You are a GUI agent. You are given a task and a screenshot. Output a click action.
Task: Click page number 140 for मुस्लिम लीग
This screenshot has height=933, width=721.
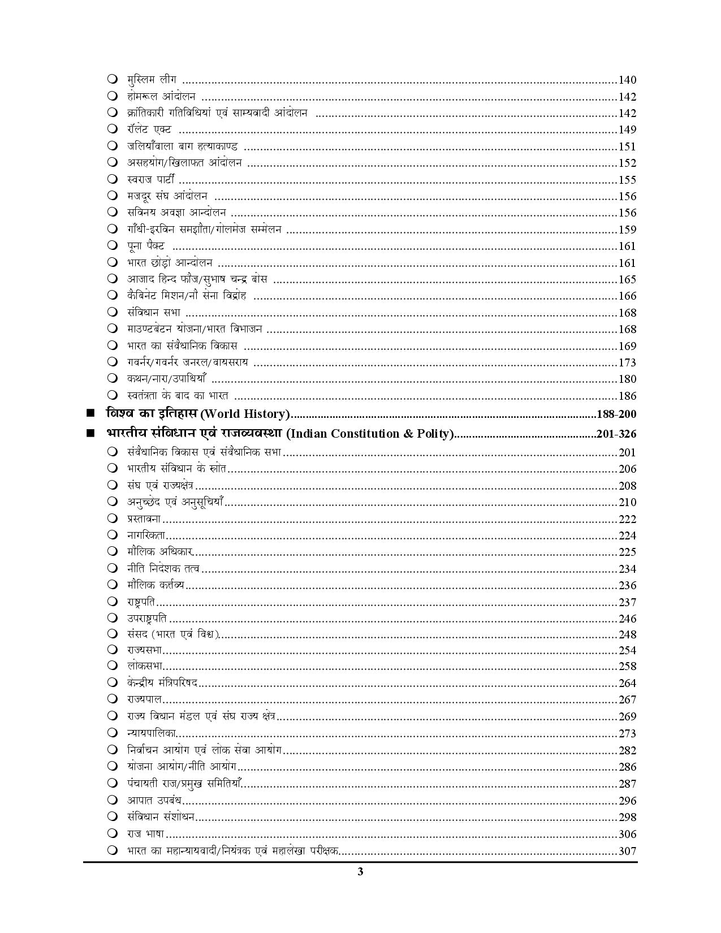click(x=627, y=80)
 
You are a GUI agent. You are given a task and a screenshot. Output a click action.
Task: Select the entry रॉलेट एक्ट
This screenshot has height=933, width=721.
click(x=149, y=129)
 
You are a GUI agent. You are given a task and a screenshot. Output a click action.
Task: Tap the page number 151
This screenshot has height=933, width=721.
click(x=627, y=146)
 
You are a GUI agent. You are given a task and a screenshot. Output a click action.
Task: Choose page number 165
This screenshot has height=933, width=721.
click(x=627, y=279)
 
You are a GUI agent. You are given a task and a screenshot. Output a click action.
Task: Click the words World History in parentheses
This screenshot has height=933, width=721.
click(x=245, y=414)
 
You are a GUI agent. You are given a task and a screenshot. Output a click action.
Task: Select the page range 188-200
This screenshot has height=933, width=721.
click(x=616, y=414)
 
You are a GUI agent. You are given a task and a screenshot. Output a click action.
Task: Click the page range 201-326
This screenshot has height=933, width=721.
click(x=616, y=434)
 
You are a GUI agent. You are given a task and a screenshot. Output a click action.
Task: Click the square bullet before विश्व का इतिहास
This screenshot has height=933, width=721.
click(x=90, y=413)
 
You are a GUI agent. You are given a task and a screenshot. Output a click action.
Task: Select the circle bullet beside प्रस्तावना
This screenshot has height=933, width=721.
click(x=113, y=519)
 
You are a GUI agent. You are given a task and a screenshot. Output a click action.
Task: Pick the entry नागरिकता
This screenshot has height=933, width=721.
click(x=146, y=535)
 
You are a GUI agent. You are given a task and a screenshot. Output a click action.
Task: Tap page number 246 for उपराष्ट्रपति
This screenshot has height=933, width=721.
click(x=627, y=619)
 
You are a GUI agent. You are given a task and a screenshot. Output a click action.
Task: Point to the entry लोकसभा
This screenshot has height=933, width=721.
click(x=145, y=666)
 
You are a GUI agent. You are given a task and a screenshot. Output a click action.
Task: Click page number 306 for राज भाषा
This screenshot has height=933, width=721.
click(x=627, y=834)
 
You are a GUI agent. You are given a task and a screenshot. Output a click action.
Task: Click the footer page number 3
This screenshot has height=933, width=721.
click(x=360, y=871)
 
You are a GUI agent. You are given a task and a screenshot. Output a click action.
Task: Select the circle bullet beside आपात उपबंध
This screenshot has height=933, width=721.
click(x=113, y=800)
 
